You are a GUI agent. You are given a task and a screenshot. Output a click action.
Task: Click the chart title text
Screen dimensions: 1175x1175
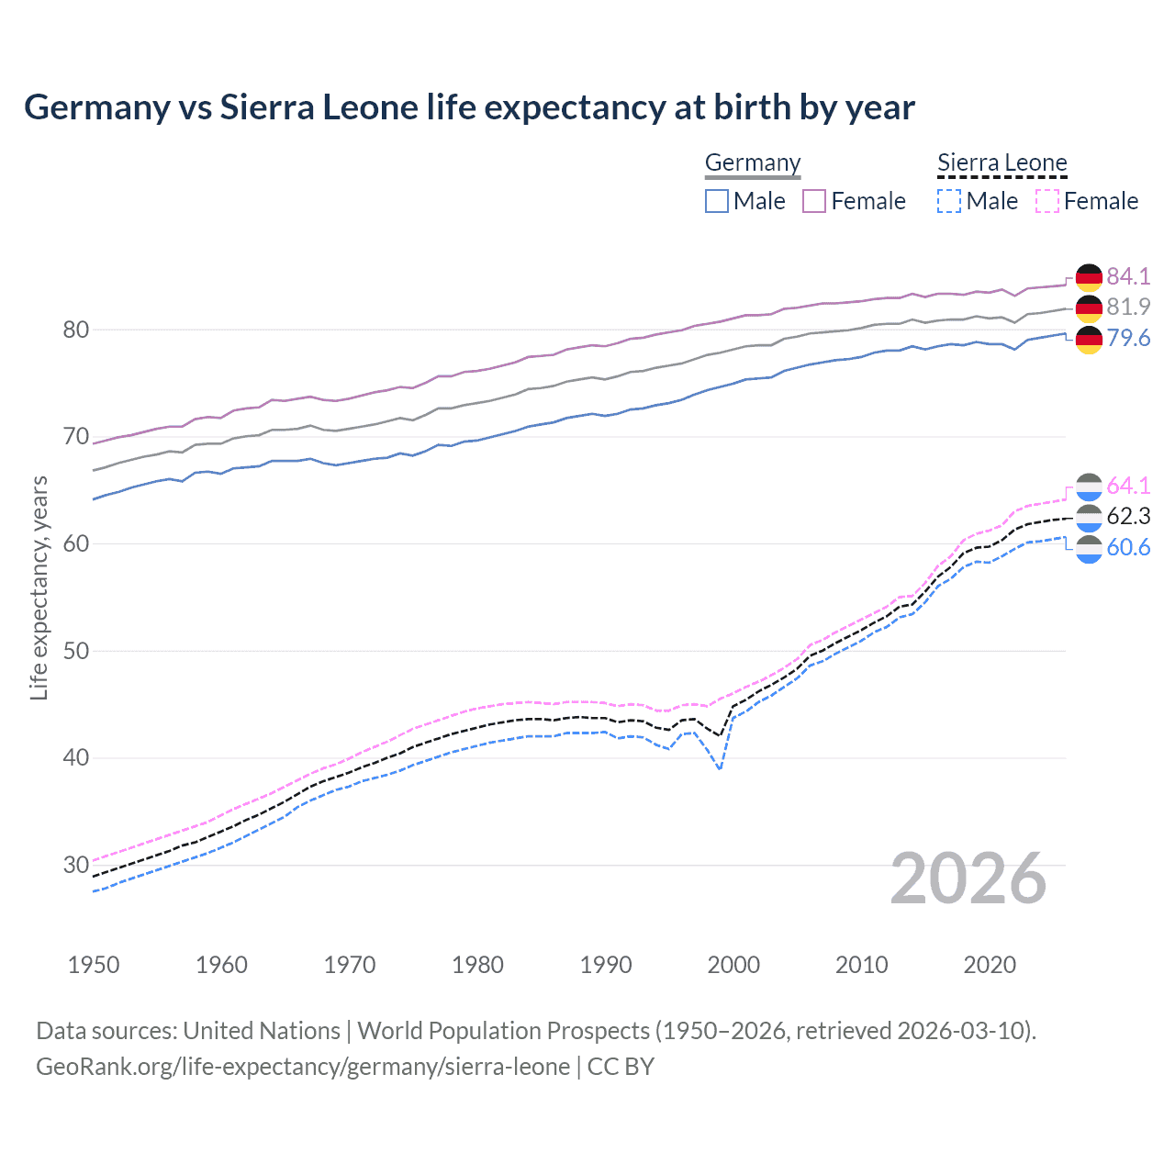click(469, 107)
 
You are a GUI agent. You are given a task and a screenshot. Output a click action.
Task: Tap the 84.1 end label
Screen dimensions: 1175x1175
click(1128, 276)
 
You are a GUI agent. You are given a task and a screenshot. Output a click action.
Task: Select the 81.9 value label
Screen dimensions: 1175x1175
click(1128, 307)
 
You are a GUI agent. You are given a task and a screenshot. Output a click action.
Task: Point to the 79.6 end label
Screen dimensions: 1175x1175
click(1128, 338)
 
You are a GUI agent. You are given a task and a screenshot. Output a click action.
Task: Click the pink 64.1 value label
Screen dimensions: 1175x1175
click(1128, 485)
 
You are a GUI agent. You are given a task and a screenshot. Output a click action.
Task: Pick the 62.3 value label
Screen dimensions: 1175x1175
click(1128, 516)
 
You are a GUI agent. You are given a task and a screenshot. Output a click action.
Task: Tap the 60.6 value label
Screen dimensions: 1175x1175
click(1128, 547)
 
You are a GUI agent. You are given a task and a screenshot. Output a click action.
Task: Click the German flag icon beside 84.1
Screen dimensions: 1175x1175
click(1089, 277)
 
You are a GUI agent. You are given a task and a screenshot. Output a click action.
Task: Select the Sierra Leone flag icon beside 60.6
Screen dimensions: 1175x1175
click(1089, 549)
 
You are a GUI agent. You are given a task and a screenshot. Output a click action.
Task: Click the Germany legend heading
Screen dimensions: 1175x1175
click(753, 163)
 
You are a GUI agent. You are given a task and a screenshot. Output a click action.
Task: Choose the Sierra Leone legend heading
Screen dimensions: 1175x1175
click(1002, 163)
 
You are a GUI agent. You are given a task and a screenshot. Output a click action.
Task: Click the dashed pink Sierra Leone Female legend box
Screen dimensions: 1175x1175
click(1047, 201)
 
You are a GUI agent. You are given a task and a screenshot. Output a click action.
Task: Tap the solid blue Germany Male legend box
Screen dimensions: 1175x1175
click(717, 201)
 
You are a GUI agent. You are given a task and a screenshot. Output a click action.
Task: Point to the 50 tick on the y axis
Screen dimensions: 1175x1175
click(75, 651)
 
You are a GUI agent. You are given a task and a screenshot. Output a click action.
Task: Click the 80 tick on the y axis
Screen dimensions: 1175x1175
click(75, 330)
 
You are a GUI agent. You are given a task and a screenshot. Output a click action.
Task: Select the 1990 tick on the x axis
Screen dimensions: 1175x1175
click(606, 965)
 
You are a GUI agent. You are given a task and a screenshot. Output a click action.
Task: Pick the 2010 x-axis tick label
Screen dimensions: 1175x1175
click(861, 965)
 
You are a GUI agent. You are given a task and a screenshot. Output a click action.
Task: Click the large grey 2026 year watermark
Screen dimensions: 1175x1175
click(968, 878)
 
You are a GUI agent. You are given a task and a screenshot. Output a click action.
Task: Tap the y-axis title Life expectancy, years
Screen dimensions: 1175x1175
click(39, 587)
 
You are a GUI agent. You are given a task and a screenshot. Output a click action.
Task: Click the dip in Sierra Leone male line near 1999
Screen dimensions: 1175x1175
click(721, 768)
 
